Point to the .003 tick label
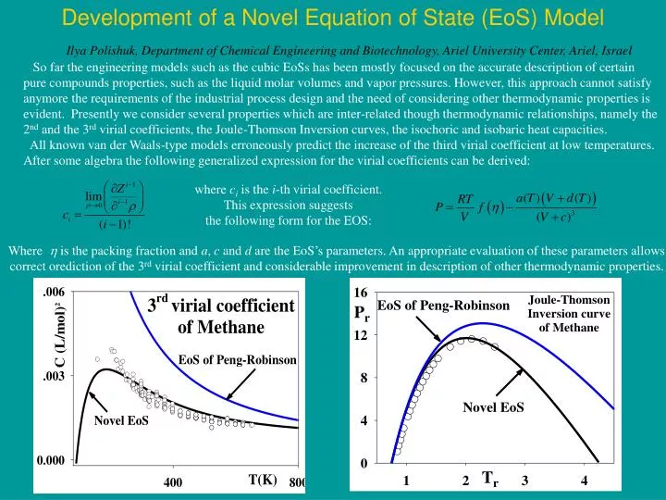tap(51, 377)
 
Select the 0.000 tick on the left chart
tap(51, 460)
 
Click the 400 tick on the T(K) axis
tap(174, 482)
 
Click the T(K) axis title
tap(262, 480)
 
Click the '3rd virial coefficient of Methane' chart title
tap(221, 316)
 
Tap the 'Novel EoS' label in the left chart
tap(121, 421)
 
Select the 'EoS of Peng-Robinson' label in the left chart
tap(237, 359)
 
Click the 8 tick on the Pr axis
tap(363, 378)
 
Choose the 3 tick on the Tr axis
tap(524, 481)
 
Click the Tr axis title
tap(490, 479)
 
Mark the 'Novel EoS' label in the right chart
tap(493, 407)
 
